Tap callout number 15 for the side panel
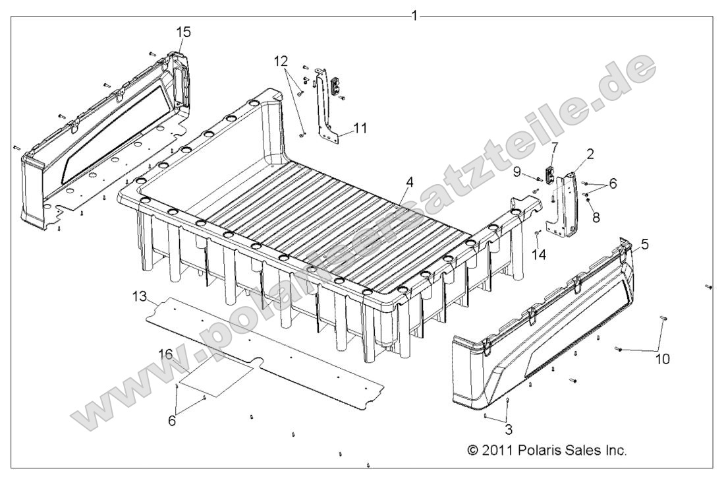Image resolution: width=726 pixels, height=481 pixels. tap(183, 32)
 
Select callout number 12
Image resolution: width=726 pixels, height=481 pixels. tap(281, 61)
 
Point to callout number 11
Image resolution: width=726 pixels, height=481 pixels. tap(360, 127)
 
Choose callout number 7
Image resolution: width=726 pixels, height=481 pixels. tap(554, 145)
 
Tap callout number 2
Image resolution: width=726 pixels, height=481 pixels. tap(590, 154)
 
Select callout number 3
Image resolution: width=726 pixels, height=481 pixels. tap(508, 428)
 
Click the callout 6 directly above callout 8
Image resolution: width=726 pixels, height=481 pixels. tap(613, 185)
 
